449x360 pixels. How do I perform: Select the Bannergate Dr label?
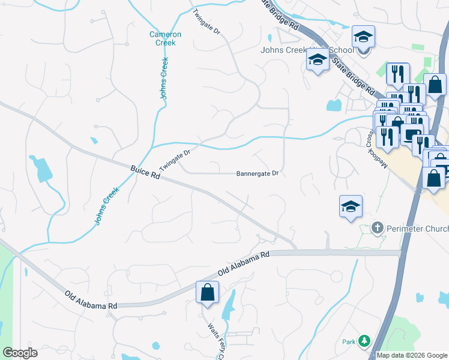pyautogui.click(x=258, y=174)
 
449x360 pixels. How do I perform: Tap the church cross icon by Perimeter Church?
pyautogui.click(x=378, y=227)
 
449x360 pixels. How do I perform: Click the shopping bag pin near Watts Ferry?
pyautogui.click(x=207, y=293)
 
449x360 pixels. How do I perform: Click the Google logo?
pyautogui.click(x=20, y=353)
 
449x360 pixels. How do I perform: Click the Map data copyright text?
pyautogui.click(x=411, y=355)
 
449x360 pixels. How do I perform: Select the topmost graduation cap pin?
pyautogui.click(x=363, y=37)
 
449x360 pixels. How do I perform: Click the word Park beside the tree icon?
pyautogui.click(x=349, y=342)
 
